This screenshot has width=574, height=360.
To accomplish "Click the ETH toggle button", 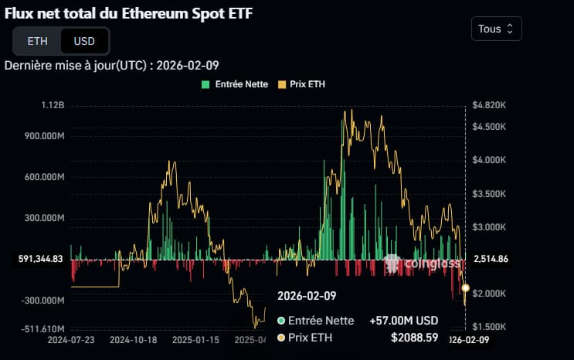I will coord(36,41).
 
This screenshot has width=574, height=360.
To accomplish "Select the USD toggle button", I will coord(84,41).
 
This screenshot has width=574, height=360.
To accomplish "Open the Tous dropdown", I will coord(496,29).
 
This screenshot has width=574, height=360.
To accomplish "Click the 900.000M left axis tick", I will coord(43,136).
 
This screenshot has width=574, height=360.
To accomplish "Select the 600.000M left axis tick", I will coord(43,177).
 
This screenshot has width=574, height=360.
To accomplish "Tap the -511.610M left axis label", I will coord(43,328).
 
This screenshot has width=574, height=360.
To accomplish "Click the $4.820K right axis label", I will coord(488,105).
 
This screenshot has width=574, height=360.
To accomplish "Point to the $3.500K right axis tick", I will coord(488,194).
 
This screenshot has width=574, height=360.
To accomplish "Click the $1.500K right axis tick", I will coord(488,328).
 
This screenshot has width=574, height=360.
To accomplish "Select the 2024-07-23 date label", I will coord(70,339).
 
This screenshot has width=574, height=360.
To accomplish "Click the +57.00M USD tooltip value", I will coord(404,321).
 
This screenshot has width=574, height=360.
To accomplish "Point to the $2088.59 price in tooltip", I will coord(415,338).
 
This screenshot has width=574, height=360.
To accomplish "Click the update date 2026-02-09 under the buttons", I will coord(188,66).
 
